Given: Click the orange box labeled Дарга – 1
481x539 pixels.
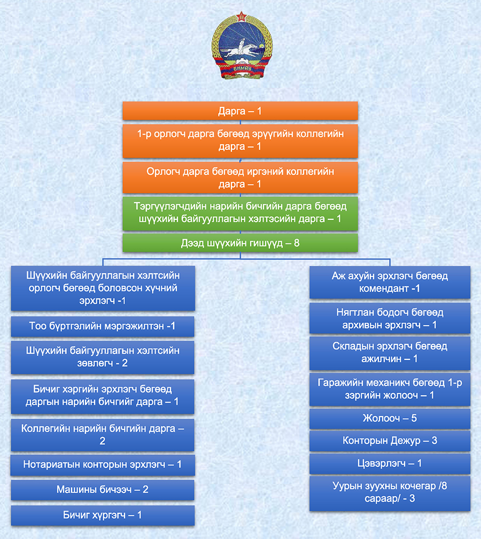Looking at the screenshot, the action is click(x=240, y=111).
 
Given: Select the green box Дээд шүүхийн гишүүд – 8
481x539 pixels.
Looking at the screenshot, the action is click(x=240, y=243).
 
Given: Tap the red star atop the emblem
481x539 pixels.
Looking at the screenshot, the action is click(x=242, y=16).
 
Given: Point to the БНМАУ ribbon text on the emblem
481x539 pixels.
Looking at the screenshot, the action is click(x=242, y=68).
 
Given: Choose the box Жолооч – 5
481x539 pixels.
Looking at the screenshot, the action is click(x=390, y=418).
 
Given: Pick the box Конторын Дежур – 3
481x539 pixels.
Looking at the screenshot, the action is click(x=390, y=441).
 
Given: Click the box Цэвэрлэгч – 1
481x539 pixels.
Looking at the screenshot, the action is click(x=390, y=464).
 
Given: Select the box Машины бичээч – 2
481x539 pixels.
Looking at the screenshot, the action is click(x=103, y=489).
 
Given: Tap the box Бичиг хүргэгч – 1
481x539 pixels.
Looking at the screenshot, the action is click(x=103, y=515).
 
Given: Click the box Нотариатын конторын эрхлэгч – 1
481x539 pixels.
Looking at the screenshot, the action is click(x=103, y=465).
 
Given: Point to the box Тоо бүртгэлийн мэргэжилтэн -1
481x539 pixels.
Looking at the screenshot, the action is click(x=103, y=326).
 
